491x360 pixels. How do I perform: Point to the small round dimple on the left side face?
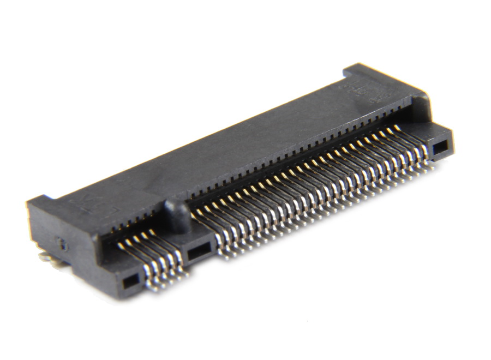tap(63, 245)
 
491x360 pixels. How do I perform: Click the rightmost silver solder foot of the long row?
tap(431, 164)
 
